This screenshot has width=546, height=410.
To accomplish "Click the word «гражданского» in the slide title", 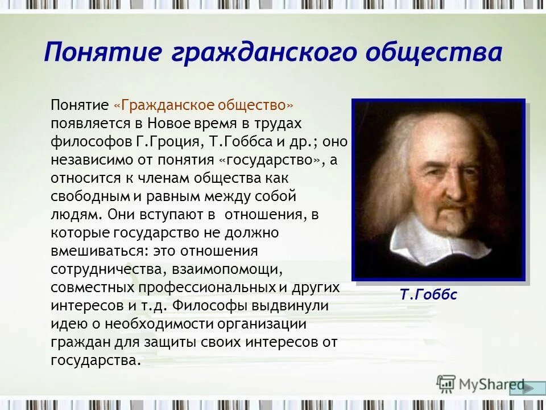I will tap(264, 54).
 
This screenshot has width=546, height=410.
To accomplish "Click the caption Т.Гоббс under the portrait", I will tap(428, 295).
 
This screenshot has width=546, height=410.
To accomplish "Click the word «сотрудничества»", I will tap(100, 269).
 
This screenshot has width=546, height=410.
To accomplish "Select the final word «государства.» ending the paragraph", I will tap(95, 360).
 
